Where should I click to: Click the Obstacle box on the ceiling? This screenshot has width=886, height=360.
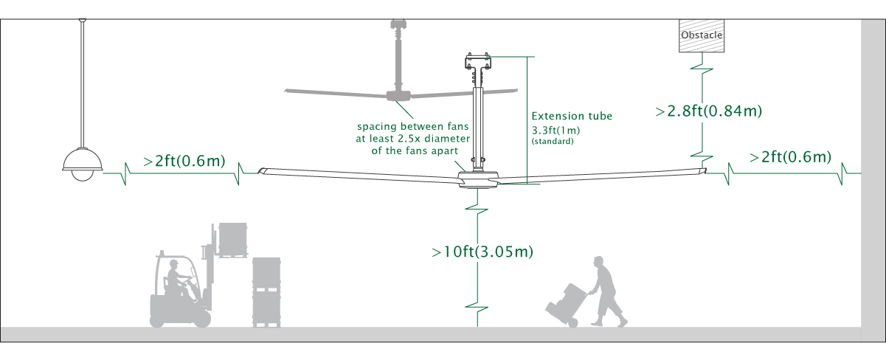coord(701,35)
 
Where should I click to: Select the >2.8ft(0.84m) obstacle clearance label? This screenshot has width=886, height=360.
coord(708,111)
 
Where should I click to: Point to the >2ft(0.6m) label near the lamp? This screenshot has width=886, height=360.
coord(184,160)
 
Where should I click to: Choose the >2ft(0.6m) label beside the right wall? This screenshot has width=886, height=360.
coord(790,157)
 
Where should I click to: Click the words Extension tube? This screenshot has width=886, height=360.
coord(572,116)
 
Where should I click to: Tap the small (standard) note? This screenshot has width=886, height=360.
coord(553,140)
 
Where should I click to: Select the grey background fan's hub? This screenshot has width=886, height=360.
coord(399,94)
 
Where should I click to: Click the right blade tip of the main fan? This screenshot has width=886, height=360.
coord(702,171)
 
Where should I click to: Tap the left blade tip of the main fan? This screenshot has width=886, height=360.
coord(261,171)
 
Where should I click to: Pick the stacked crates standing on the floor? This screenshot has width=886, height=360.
coord(267,291)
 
